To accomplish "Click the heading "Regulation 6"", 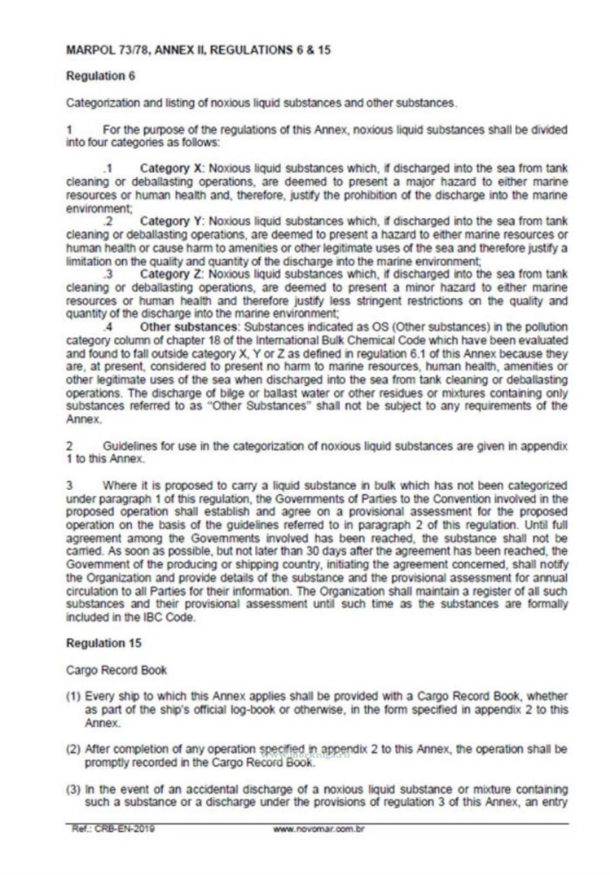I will tap(100, 76).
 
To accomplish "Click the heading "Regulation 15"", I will tap(104, 643).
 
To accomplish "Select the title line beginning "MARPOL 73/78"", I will tap(198, 50).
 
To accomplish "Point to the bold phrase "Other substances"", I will tap(189, 327).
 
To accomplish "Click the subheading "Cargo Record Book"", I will tap(116, 670).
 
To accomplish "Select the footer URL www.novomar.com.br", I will tap(319, 829).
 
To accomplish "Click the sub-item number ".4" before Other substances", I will tap(108, 327).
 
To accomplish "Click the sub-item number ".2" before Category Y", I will tap(108, 222).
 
